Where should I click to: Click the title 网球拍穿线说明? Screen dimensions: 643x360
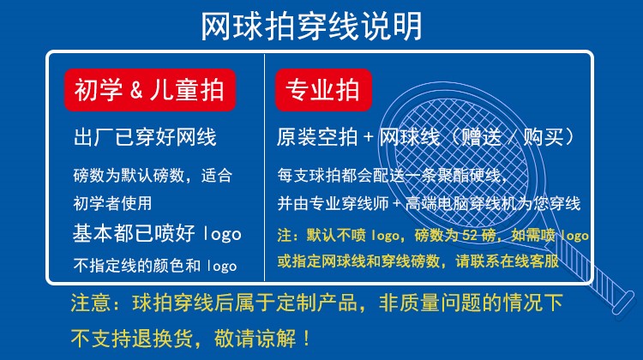pyautogui.click(x=311, y=27)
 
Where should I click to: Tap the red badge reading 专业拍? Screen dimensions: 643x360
pyautogui.click(x=323, y=90)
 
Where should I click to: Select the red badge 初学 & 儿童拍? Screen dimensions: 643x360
pyautogui.click(x=150, y=90)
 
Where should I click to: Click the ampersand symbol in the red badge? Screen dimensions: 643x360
pyautogui.click(x=136, y=91)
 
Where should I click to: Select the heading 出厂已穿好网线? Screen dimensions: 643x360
pyautogui.click(x=145, y=137)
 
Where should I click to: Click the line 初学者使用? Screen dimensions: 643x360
pyautogui.click(x=112, y=203)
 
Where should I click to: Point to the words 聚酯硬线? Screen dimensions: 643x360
pyautogui.click(x=471, y=176)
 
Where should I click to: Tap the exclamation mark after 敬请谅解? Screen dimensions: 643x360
pyautogui.click(x=306, y=339)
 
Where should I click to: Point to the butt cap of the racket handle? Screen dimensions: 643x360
pyautogui.click(x=623, y=303)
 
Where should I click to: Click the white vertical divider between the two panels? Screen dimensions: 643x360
pyautogui.click(x=265, y=167)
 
